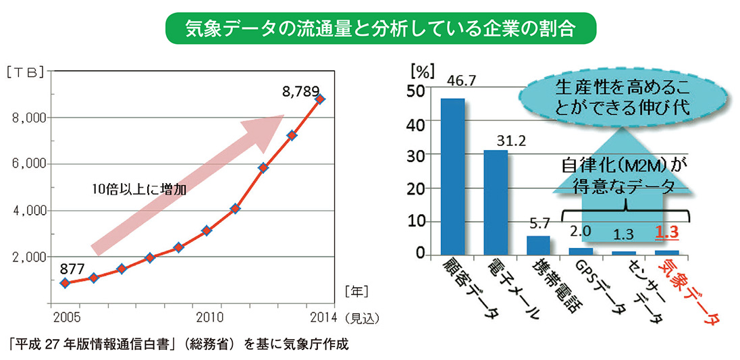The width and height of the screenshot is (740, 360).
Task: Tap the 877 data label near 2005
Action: [x=74, y=267]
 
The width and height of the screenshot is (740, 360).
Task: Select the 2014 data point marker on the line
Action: [x=320, y=99]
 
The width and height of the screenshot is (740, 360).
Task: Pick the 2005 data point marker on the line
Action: [x=64, y=283]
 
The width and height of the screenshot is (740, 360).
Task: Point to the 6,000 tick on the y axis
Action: [x=28, y=164]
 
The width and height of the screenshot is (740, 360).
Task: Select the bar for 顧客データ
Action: [x=452, y=177]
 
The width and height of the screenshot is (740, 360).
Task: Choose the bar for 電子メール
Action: [x=496, y=203]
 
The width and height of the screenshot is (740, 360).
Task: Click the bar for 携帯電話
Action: [x=538, y=245]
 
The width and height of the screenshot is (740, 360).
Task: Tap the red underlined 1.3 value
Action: [x=666, y=232]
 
